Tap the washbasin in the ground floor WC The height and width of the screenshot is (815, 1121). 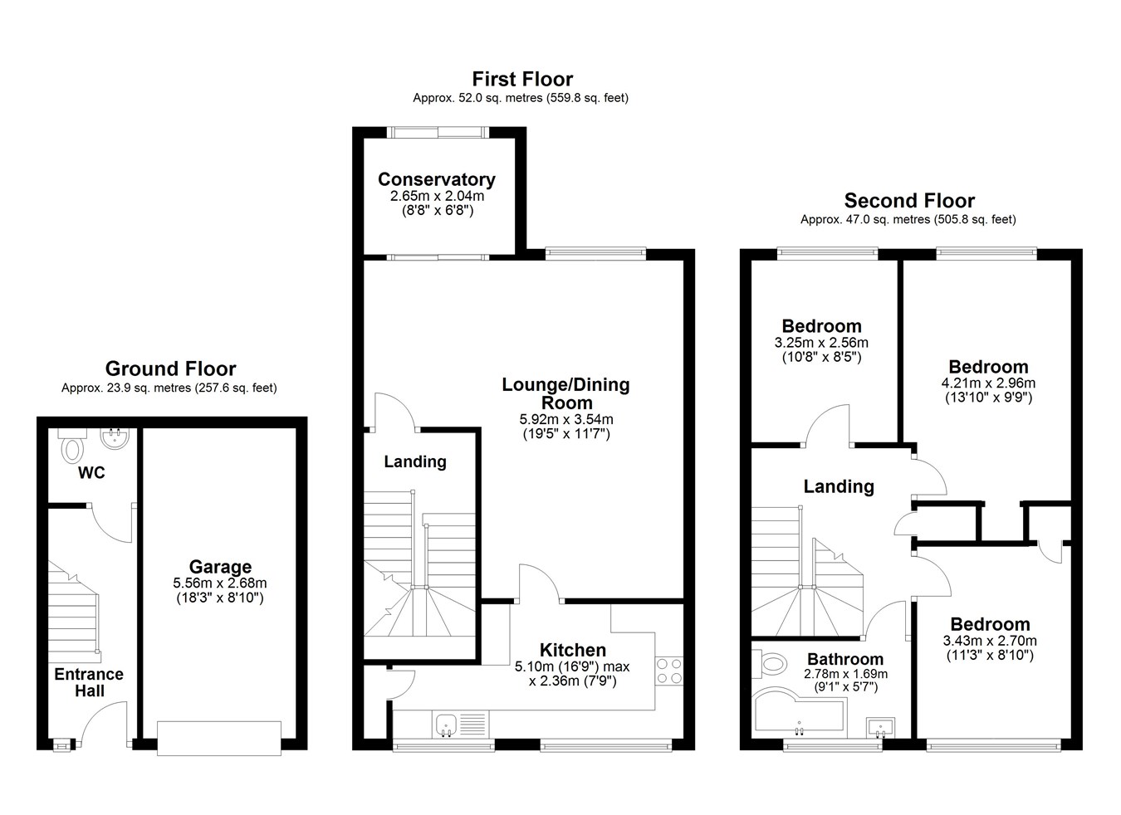click(x=115, y=439)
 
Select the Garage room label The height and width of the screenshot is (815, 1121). click(x=220, y=566)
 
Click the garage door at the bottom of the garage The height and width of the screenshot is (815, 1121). click(x=219, y=738)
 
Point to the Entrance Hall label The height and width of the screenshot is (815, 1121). click(x=89, y=682)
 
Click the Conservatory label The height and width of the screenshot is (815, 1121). click(x=437, y=179)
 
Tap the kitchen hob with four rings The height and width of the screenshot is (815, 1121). click(x=669, y=671)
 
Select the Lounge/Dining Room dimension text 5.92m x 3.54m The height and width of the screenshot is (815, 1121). click(x=566, y=419)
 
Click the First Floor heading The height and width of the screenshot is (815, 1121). click(x=522, y=79)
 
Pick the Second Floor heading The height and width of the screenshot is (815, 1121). click(x=909, y=201)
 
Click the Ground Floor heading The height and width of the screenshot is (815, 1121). click(x=170, y=368)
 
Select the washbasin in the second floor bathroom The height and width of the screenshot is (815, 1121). click(x=881, y=728)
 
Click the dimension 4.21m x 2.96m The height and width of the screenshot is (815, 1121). click(x=988, y=383)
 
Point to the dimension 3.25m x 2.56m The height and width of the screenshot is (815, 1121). click(x=821, y=343)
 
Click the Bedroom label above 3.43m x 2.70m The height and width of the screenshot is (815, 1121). click(x=990, y=624)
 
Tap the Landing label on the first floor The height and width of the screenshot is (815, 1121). click(x=415, y=461)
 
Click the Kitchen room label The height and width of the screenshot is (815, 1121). click(x=572, y=650)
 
